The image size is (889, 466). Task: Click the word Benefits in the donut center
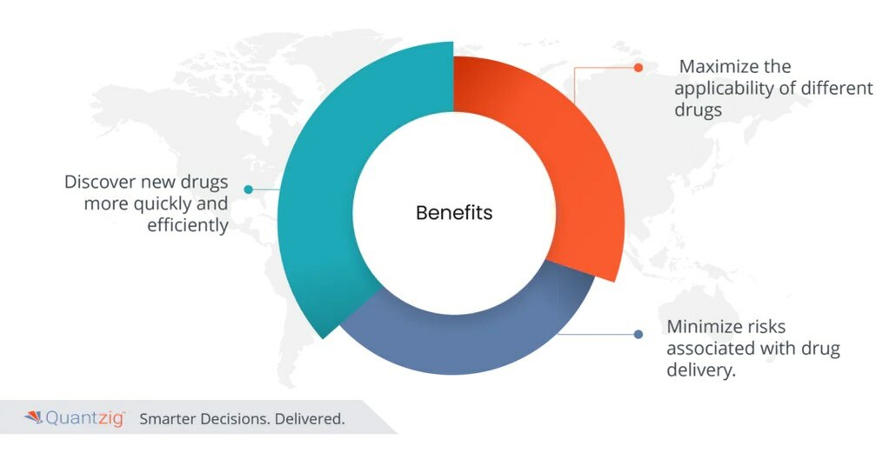(453, 213)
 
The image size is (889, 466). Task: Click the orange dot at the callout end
(638, 67)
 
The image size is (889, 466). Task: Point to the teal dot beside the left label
(248, 189)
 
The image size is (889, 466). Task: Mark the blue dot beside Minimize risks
(638, 334)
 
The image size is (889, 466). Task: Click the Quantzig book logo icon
(33, 418)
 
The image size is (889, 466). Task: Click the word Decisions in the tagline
(239, 419)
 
